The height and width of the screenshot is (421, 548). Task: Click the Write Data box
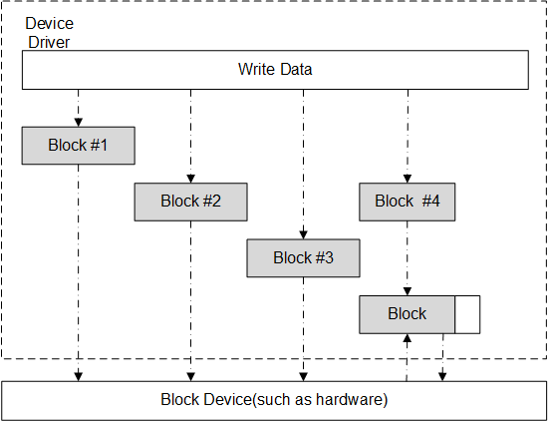click(x=275, y=69)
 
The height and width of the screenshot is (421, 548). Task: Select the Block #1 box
click(x=78, y=146)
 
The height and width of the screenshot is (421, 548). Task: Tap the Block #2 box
click(x=190, y=202)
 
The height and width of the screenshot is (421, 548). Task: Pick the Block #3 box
click(x=303, y=258)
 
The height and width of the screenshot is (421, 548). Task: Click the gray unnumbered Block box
click(x=407, y=314)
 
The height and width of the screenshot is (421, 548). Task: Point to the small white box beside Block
click(x=467, y=314)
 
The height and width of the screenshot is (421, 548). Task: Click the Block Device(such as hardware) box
click(x=274, y=400)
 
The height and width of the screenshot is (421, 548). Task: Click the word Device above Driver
click(x=49, y=22)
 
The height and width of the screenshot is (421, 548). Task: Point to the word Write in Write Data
click(x=256, y=69)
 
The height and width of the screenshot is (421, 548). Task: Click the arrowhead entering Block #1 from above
click(x=78, y=122)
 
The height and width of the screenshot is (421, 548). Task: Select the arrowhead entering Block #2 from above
click(x=190, y=179)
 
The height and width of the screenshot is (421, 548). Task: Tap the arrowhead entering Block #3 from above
click(x=303, y=235)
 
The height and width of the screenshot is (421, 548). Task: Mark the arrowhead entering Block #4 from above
click(x=407, y=179)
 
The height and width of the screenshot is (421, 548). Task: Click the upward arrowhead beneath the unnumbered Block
click(x=407, y=339)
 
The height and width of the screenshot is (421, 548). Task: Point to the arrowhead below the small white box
click(x=442, y=375)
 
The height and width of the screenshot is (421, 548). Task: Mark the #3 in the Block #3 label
click(x=323, y=258)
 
